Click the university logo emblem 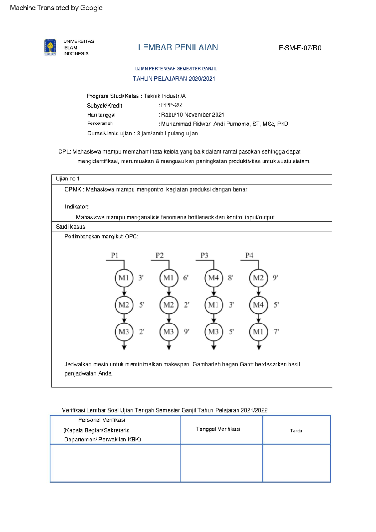[50, 47]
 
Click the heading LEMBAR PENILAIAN [178, 47]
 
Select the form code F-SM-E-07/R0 [300, 48]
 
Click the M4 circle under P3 [214, 278]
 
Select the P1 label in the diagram [114, 255]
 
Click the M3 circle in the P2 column [169, 332]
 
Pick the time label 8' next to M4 [231, 278]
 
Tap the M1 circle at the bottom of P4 [258, 332]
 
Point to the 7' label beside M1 [276, 332]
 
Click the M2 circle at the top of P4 [258, 278]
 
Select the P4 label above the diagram [249, 255]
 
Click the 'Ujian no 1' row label [68, 179]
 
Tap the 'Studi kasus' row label [70, 227]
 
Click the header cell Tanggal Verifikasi [218, 429]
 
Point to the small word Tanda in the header [296, 431]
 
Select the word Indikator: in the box [77, 207]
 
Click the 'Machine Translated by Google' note [56, 8]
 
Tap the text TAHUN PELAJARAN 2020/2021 [174, 79]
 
